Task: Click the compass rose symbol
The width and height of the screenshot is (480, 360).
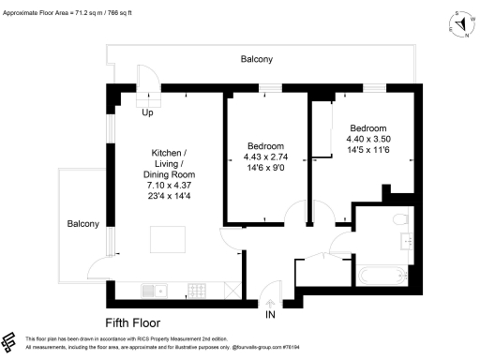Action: pyautogui.click(x=461, y=23)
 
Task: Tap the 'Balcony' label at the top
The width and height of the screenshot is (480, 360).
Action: pyautogui.click(x=257, y=59)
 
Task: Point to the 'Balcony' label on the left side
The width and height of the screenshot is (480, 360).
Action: pyautogui.click(x=82, y=224)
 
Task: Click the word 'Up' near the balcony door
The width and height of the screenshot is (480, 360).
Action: pyautogui.click(x=147, y=113)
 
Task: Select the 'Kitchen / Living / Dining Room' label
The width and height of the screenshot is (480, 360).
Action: pyautogui.click(x=169, y=163)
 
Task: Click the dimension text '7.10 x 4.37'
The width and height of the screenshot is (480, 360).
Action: pyautogui.click(x=169, y=187)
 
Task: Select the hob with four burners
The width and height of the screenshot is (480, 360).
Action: pyautogui.click(x=197, y=290)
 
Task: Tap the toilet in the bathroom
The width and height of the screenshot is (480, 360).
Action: pyautogui.click(x=399, y=219)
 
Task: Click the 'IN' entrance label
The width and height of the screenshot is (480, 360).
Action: pyautogui.click(x=270, y=316)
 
